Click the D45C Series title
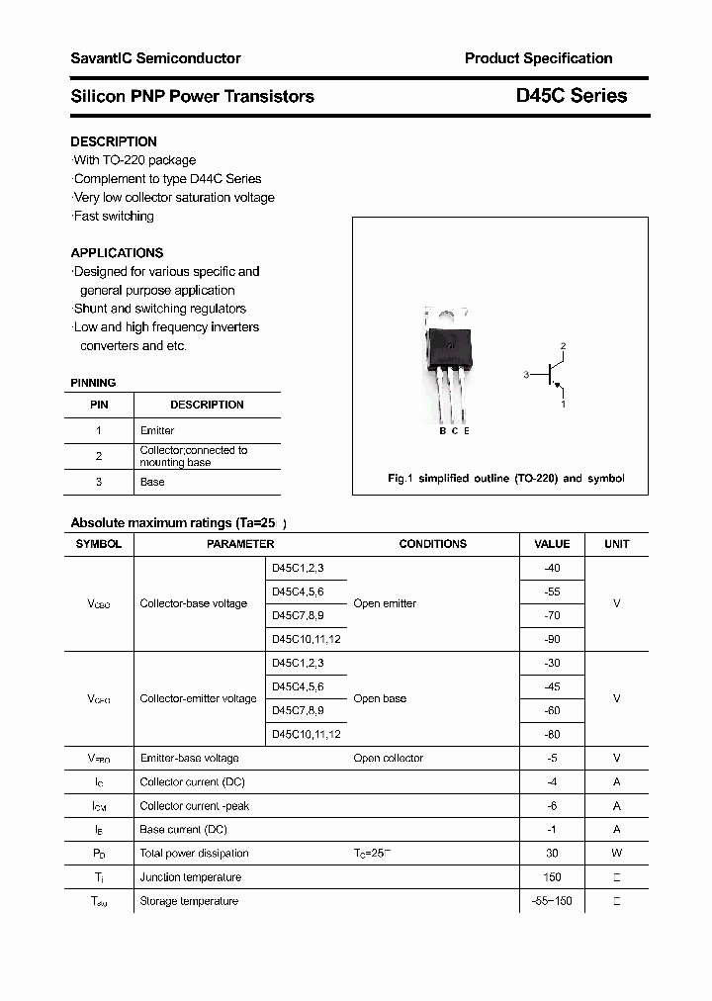571,96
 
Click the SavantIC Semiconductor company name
155,58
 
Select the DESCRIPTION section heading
114,141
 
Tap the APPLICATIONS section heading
117,252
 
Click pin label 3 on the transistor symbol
527,375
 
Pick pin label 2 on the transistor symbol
563,345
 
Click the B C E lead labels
454,430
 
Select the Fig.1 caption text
505,478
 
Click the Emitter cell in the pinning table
157,430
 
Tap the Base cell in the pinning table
152,482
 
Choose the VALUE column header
552,544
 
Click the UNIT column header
617,544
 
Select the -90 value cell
552,639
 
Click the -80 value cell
552,734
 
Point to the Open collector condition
388,758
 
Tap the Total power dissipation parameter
194,853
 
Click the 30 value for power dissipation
552,853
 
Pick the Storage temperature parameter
189,901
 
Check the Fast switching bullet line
114,216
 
